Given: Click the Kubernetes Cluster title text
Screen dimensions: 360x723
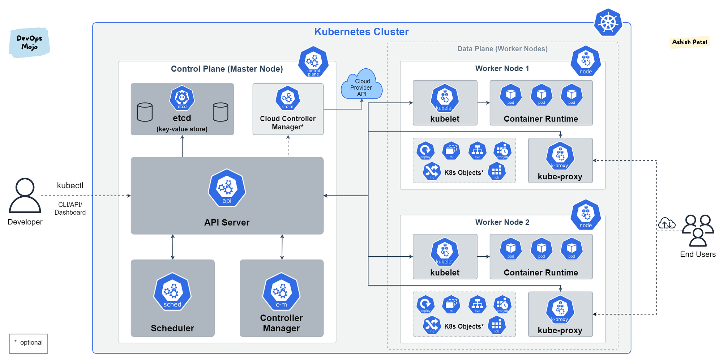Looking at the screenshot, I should (361, 32).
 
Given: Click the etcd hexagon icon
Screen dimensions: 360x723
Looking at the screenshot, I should (182, 98).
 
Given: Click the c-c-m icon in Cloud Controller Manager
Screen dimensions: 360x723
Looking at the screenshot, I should (288, 98).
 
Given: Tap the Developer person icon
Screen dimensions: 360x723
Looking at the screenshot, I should (25, 195).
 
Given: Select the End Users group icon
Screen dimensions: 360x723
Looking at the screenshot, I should (698, 230).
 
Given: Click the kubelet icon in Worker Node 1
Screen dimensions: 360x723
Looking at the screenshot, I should (445, 98).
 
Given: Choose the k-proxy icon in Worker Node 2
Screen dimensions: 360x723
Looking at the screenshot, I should (560, 309).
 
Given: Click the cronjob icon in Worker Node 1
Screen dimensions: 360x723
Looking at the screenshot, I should (502, 151).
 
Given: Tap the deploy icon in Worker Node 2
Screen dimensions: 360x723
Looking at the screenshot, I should (425, 304).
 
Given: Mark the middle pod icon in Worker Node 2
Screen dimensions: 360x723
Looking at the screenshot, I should (541, 249).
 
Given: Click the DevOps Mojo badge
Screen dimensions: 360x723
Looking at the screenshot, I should (29, 43).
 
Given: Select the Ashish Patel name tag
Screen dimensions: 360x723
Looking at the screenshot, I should (689, 42).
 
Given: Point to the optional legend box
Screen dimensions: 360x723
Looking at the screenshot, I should (29, 343).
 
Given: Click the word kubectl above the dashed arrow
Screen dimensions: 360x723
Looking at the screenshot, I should (70, 185).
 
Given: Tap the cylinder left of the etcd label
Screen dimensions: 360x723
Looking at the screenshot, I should (145, 112).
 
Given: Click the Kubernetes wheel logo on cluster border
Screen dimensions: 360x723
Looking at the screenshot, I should (608, 23).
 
